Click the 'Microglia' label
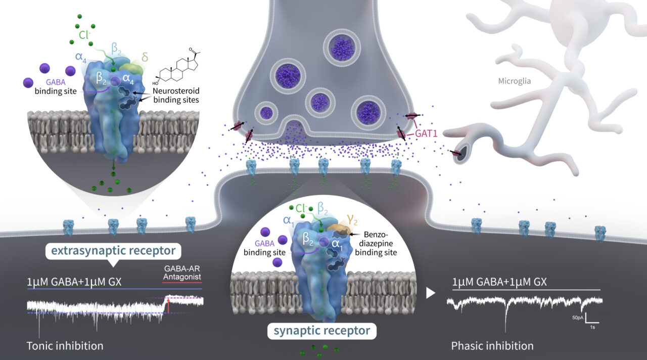click(515, 81)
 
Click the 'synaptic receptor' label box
click(321, 332)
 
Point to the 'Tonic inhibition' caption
click(65, 346)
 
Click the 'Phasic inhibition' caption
click(492, 346)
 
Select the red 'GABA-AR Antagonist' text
click(182, 273)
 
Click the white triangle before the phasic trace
click(430, 293)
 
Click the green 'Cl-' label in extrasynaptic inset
click(83, 36)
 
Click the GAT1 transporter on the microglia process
click(458, 152)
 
